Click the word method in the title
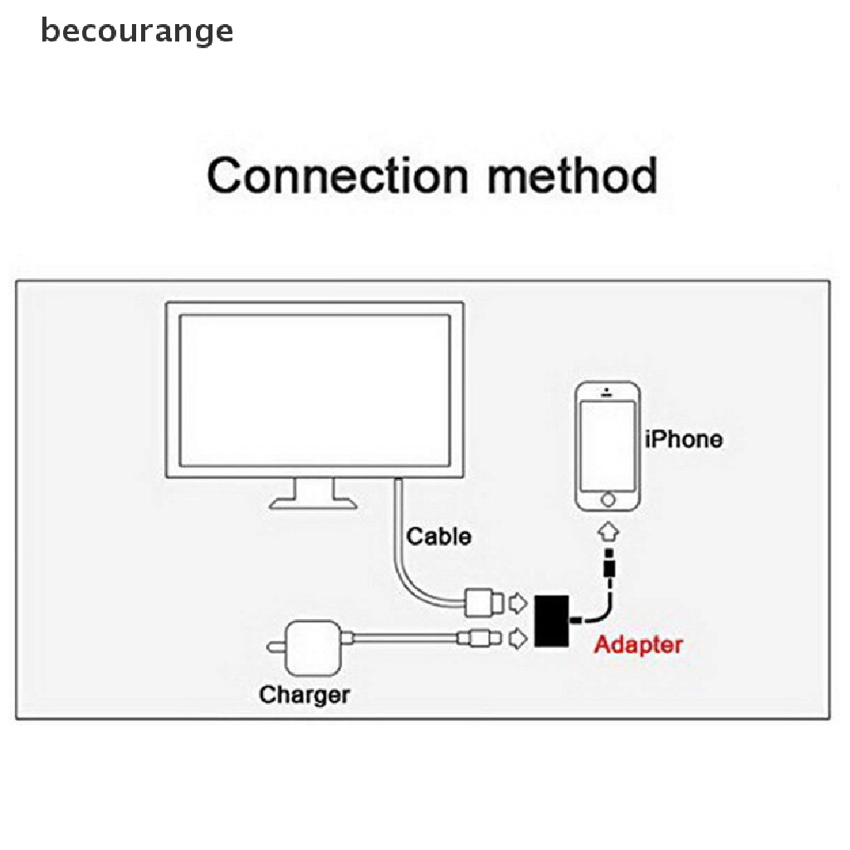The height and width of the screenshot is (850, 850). (x=564, y=176)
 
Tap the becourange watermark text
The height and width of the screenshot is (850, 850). (x=137, y=32)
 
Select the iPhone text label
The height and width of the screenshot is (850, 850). (x=684, y=438)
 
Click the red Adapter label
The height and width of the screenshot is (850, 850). (x=638, y=644)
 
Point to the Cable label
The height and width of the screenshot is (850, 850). (x=438, y=536)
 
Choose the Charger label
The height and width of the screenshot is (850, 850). (x=305, y=694)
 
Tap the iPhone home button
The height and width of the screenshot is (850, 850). (x=608, y=501)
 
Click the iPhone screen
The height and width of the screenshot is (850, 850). (x=608, y=446)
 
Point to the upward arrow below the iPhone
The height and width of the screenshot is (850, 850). (x=608, y=530)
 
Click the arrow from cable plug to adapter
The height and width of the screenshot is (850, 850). (x=516, y=600)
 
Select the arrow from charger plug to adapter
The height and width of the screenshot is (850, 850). (x=516, y=638)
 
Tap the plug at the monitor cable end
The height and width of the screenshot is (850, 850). (x=481, y=601)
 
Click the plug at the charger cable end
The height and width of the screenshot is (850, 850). (x=479, y=638)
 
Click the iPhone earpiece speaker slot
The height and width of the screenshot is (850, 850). (x=608, y=392)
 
